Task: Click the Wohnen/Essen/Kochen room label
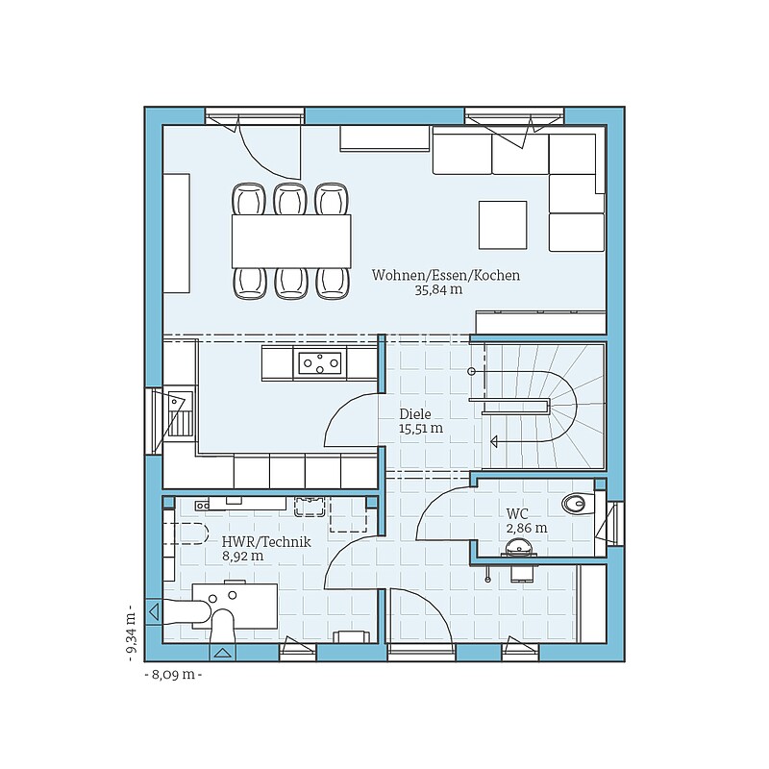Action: (x=446, y=275)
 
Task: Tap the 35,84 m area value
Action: (x=438, y=290)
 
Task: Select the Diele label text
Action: (x=415, y=413)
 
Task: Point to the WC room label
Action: (x=517, y=513)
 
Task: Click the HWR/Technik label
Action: (x=266, y=542)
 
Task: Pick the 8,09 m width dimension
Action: (x=174, y=675)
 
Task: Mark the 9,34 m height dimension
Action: (x=132, y=633)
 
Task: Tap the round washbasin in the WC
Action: (x=517, y=547)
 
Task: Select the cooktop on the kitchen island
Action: (x=321, y=363)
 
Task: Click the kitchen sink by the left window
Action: (x=178, y=413)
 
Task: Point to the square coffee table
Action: (x=503, y=225)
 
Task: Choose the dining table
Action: (x=291, y=241)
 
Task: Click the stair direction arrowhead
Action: (x=494, y=441)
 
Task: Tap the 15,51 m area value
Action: (x=421, y=428)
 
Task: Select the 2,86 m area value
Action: (x=527, y=528)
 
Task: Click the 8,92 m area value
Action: (x=243, y=557)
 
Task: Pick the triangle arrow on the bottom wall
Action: (x=223, y=653)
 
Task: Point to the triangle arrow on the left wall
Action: (x=154, y=611)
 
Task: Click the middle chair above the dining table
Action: (x=290, y=199)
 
